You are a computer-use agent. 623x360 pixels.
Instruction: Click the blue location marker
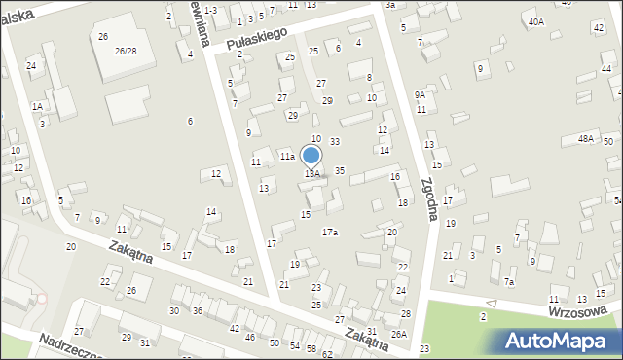(x=311, y=156)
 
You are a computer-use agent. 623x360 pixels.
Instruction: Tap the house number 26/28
(x=125, y=51)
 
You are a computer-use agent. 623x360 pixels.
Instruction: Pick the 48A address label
(x=585, y=139)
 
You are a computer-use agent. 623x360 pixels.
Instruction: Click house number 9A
(x=420, y=95)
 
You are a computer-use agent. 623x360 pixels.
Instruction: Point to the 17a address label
(x=330, y=232)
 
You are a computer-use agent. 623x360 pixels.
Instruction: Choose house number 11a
(x=287, y=156)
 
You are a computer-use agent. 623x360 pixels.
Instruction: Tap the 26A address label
(x=398, y=334)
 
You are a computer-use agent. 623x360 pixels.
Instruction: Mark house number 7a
(x=509, y=281)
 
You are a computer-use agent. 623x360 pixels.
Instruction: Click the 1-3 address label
(x=210, y=9)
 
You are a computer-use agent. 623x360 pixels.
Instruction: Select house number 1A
(x=37, y=106)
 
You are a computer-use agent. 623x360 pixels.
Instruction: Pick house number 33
(x=334, y=142)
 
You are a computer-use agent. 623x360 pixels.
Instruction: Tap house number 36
(x=197, y=310)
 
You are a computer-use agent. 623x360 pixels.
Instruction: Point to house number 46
(x=250, y=337)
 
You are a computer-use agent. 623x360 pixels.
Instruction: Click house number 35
(x=340, y=170)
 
